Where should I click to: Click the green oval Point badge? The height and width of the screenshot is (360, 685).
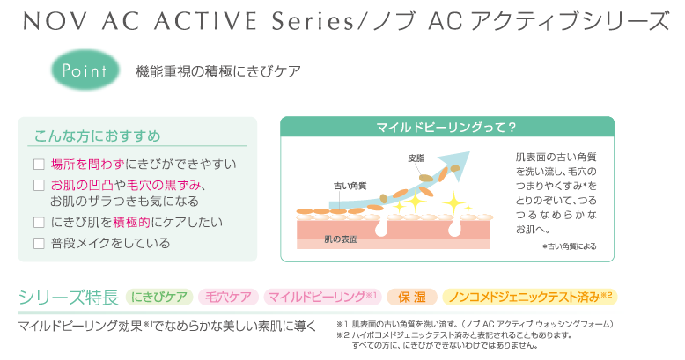click(85, 70)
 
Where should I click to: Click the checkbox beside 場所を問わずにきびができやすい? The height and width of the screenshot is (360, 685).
click(39, 165)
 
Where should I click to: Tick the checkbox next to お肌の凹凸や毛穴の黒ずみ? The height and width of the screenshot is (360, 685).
click(39, 185)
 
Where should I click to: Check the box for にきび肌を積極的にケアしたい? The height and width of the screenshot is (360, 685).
click(39, 223)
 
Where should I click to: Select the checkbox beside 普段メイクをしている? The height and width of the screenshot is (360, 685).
click(39, 243)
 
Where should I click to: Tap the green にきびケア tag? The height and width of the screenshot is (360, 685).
click(159, 298)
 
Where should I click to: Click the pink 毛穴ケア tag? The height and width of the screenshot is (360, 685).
click(228, 298)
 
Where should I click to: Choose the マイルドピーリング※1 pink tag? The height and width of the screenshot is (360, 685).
click(322, 298)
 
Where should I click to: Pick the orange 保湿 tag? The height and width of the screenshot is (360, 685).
click(412, 298)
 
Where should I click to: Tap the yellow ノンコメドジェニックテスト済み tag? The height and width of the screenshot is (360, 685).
click(530, 298)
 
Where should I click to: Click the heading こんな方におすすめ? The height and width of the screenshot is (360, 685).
click(98, 136)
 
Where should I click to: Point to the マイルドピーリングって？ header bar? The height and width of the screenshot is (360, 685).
click(447, 127)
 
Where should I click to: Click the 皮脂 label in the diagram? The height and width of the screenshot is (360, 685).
click(416, 158)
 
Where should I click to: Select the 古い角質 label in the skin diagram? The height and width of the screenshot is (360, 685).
click(350, 186)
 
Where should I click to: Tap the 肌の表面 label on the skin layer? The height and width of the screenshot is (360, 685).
click(341, 239)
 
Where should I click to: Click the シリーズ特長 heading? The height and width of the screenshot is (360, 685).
click(69, 298)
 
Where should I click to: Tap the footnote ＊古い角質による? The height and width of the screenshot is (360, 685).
click(570, 246)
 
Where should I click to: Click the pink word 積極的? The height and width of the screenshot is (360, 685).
click(131, 223)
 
